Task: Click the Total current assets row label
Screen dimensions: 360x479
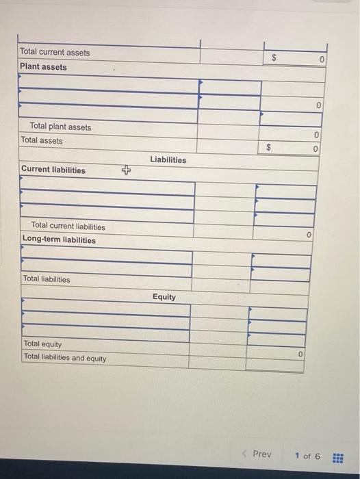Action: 55,52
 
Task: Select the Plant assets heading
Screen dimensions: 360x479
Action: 44,66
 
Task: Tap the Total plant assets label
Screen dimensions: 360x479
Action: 60,127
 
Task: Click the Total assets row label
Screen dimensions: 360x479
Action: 42,140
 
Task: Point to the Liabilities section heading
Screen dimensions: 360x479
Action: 168,159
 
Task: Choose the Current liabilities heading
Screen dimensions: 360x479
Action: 53,170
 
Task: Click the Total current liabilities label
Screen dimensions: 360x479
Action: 68,226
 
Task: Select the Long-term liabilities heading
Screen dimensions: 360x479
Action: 59,239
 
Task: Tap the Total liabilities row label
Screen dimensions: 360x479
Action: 47,279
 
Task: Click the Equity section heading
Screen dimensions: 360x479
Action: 164,297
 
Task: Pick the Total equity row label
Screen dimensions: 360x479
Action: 42,344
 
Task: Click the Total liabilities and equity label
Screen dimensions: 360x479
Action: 65,357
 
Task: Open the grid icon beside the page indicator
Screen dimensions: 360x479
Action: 337,456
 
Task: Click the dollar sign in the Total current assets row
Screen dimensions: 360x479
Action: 276,59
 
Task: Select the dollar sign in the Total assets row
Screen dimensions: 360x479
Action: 269,146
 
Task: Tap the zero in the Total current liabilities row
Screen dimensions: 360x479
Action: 309,235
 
